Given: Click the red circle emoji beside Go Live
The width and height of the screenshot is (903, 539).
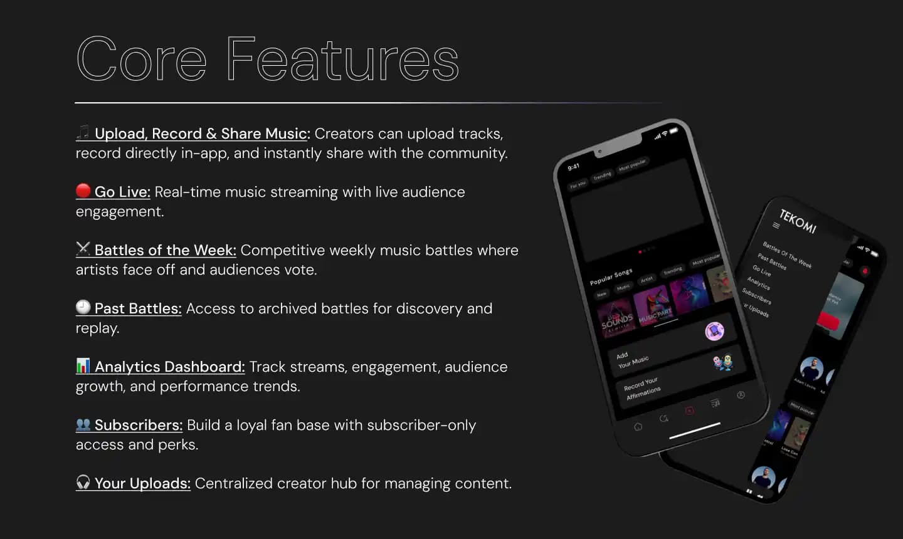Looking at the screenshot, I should pyautogui.click(x=83, y=191).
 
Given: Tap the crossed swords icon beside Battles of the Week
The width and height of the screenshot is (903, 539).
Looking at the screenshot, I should pyautogui.click(x=83, y=249).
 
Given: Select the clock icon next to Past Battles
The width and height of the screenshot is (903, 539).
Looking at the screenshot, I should pyautogui.click(x=83, y=307).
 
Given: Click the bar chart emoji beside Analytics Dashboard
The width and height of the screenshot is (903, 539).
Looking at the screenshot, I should pyautogui.click(x=83, y=365).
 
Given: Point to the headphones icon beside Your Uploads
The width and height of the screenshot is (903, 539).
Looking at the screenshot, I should pyautogui.click(x=83, y=482).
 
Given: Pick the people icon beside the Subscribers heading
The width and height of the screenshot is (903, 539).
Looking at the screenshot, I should pyautogui.click(x=83, y=424).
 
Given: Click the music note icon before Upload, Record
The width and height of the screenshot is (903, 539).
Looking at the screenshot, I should pyautogui.click(x=83, y=132).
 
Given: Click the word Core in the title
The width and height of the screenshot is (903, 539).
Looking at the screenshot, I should pyautogui.click(x=141, y=60).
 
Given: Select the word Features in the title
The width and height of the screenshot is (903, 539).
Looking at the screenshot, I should pyautogui.click(x=342, y=60).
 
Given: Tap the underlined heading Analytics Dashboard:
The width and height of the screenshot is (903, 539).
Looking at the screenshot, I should pyautogui.click(x=169, y=367).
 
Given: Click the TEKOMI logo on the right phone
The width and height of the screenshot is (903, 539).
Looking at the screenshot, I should pyautogui.click(x=798, y=221).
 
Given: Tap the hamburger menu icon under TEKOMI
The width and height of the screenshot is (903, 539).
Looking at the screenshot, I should pyautogui.click(x=776, y=225).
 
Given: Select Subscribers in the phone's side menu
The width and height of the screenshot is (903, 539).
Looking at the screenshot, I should pyautogui.click(x=756, y=295).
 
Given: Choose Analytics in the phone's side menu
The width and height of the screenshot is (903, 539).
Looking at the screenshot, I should pyautogui.click(x=758, y=283).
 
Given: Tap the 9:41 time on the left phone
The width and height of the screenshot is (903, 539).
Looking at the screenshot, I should pyautogui.click(x=574, y=167).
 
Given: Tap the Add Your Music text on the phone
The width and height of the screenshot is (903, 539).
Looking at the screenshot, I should pyautogui.click(x=632, y=359).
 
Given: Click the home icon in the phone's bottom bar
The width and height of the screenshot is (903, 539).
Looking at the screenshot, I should pyautogui.click(x=638, y=427).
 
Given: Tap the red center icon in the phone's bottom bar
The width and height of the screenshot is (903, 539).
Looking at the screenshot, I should pyautogui.click(x=689, y=411).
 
